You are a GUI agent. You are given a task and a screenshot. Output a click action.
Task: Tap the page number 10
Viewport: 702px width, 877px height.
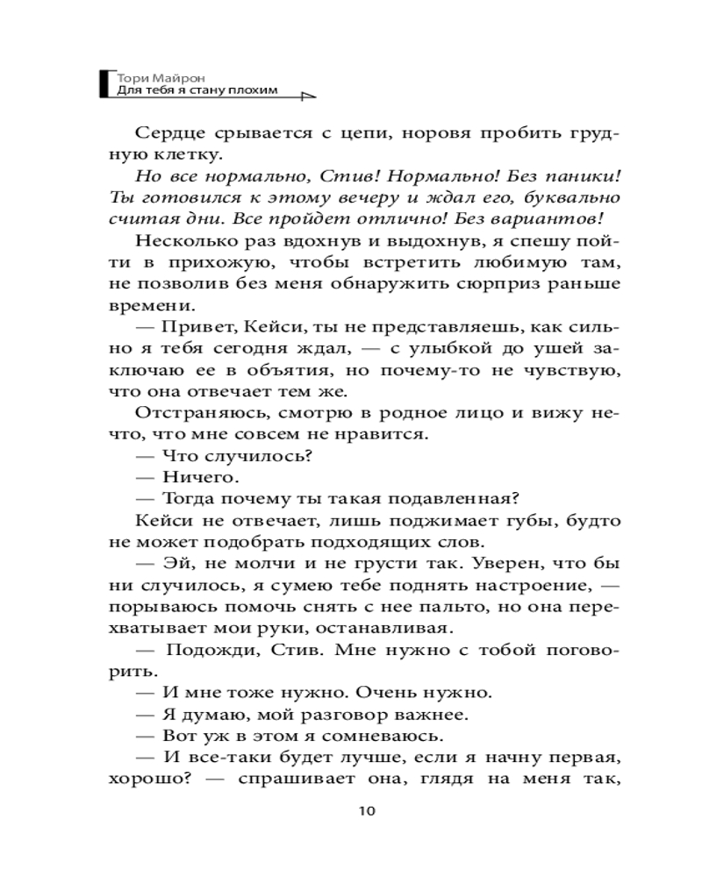coord(367,810)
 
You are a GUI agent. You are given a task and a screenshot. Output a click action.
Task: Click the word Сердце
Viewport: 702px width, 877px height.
coord(171,134)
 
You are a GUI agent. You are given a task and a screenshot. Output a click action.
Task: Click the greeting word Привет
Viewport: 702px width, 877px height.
coord(196,326)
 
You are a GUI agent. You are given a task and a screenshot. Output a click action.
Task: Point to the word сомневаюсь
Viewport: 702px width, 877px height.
coord(387,731)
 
